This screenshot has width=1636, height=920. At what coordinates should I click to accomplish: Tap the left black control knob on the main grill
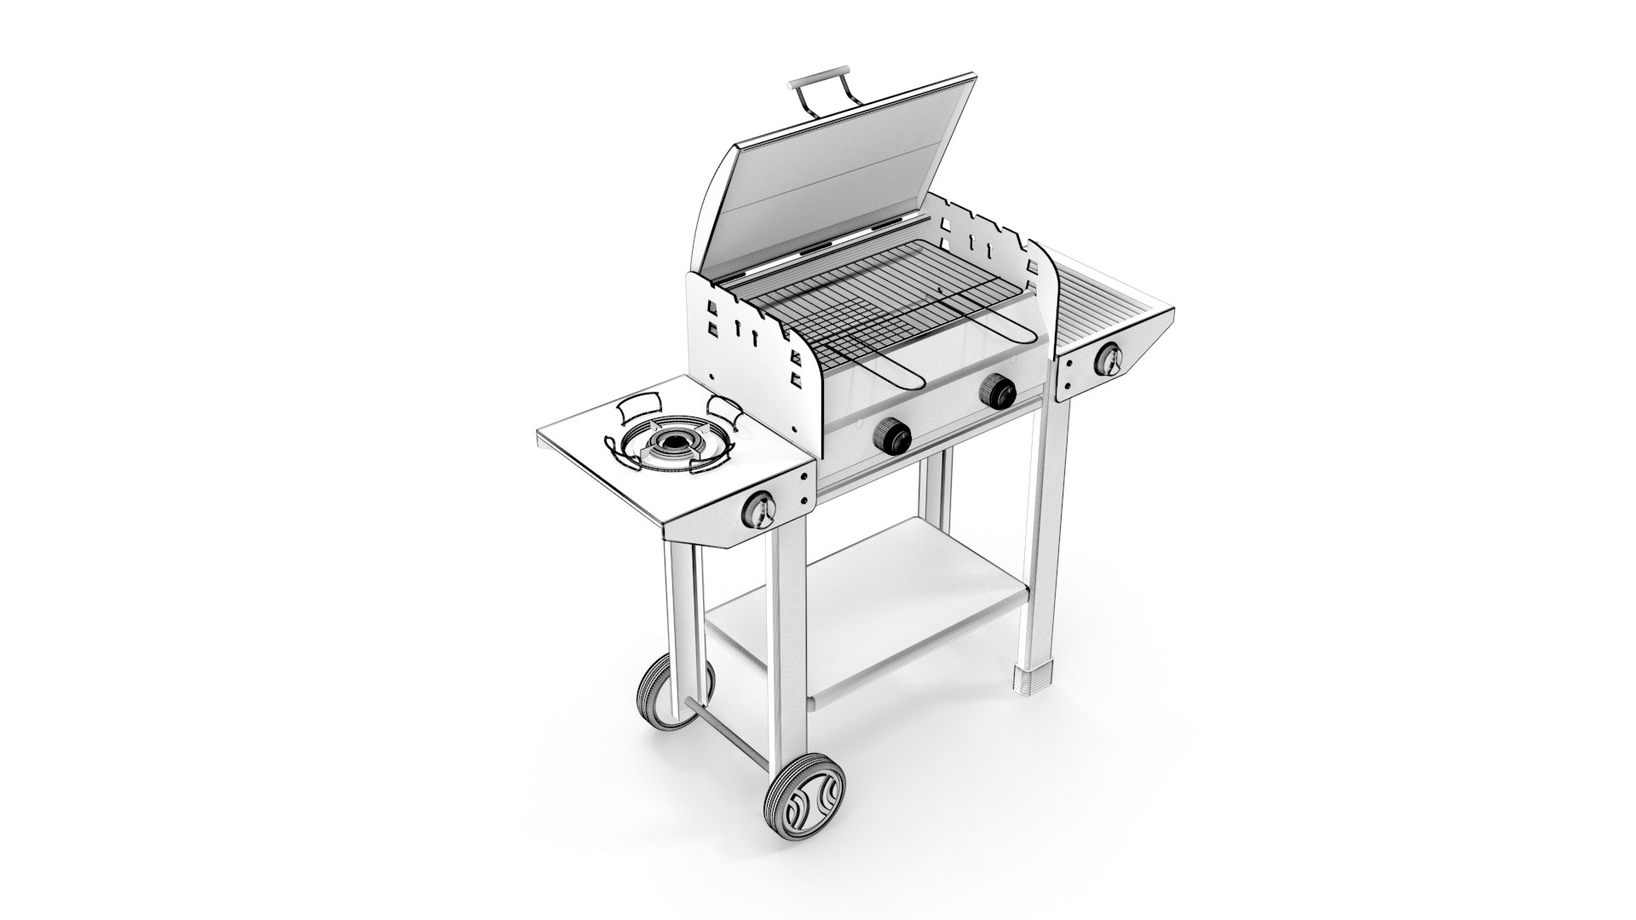892,437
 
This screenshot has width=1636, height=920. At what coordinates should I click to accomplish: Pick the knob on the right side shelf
1109,360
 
